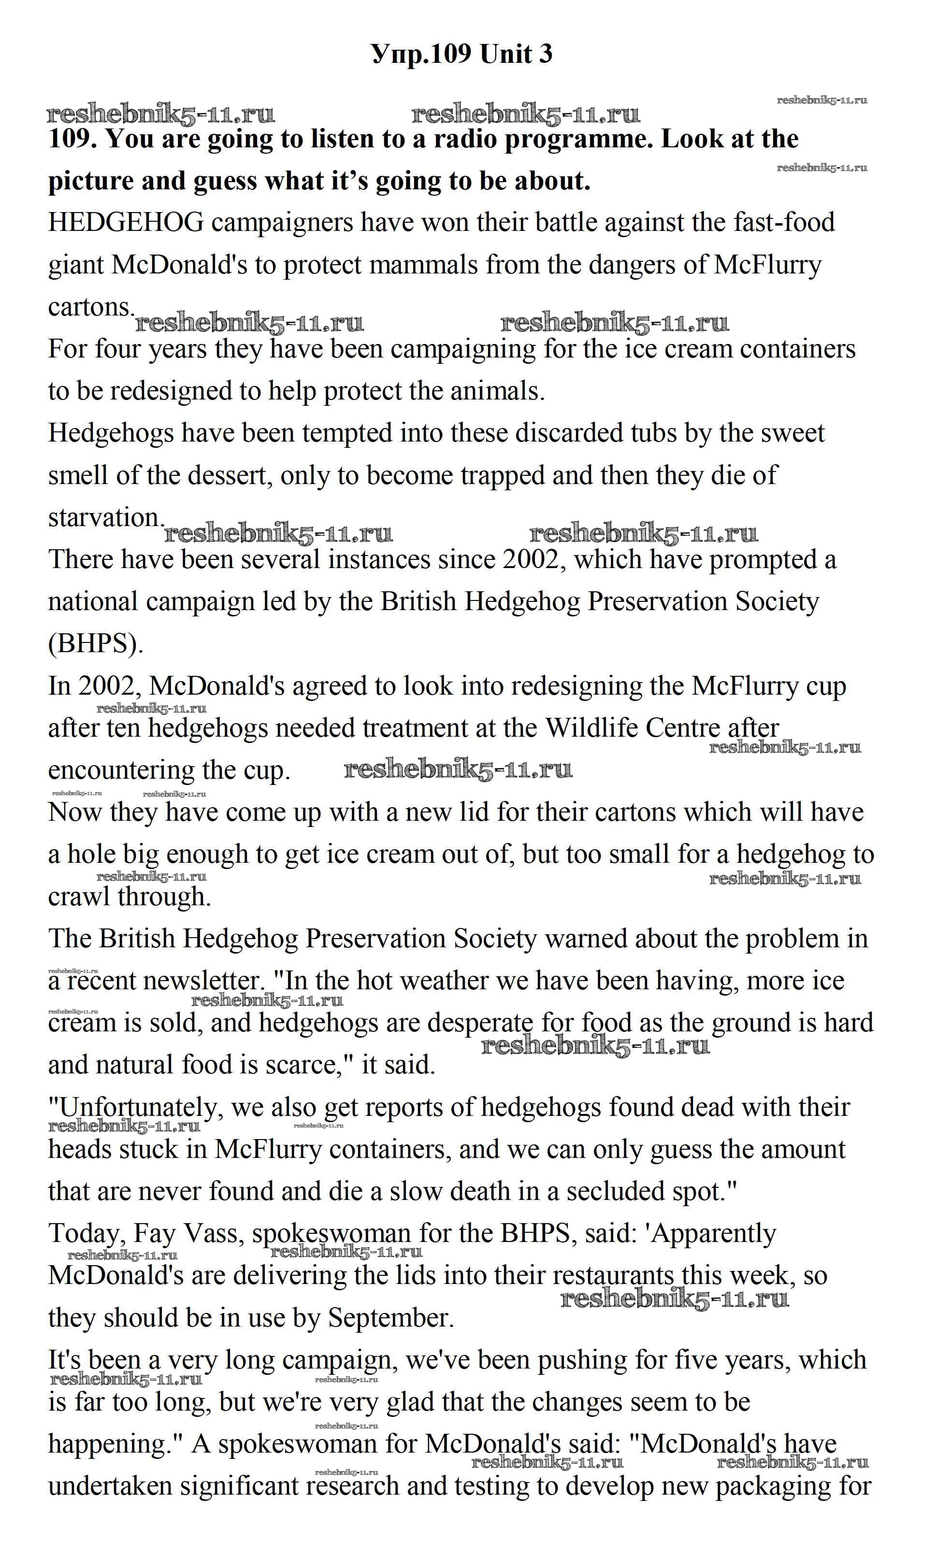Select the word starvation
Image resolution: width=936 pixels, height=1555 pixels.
pyautogui.click(x=106, y=518)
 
